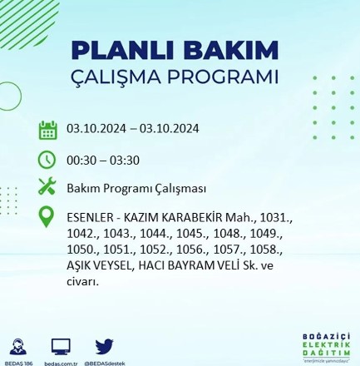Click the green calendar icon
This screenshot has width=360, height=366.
[47, 130]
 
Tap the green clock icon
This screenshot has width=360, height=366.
[47, 159]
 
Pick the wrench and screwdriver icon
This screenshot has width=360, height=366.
[47, 187]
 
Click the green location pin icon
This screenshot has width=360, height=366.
[47, 217]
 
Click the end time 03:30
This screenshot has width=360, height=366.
[123, 161]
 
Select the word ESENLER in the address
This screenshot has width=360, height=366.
[89, 218]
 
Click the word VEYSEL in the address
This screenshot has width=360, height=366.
[116, 265]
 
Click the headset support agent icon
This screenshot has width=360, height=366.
[17, 346]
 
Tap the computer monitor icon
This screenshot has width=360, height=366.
[61, 346]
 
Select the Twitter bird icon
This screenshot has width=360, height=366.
[104, 346]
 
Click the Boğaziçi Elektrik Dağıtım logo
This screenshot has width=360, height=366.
[325, 346]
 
